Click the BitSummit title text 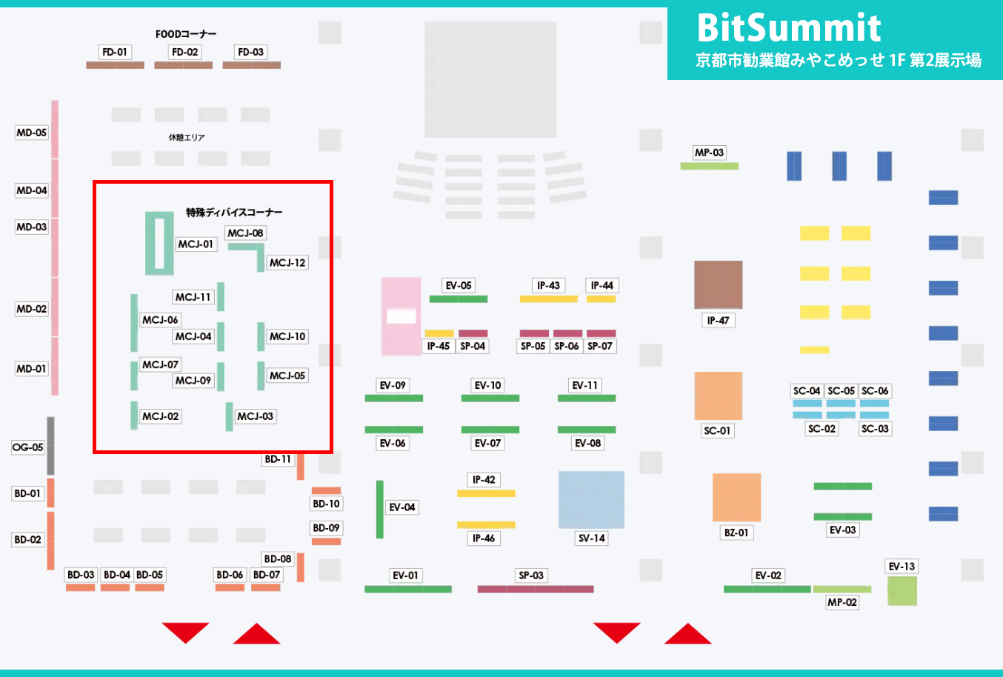pos(788,28)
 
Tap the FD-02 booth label pos(184,52)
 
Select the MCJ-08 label pos(245,233)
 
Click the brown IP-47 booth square pos(718,284)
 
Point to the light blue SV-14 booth pos(591,500)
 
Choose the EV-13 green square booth pos(902,591)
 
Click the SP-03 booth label pos(531,575)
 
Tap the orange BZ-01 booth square pos(736,497)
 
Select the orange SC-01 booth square pos(718,396)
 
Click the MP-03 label pos(709,153)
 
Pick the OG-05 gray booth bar pos(50,445)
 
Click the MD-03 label pos(32,227)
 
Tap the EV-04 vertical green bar pos(380,509)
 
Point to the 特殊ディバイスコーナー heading pos(234,213)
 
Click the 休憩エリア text pos(187,137)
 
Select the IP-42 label pos(484,479)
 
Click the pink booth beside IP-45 pos(401,316)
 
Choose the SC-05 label pos(841,390)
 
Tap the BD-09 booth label pos(326,528)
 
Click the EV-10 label pos(487,385)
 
